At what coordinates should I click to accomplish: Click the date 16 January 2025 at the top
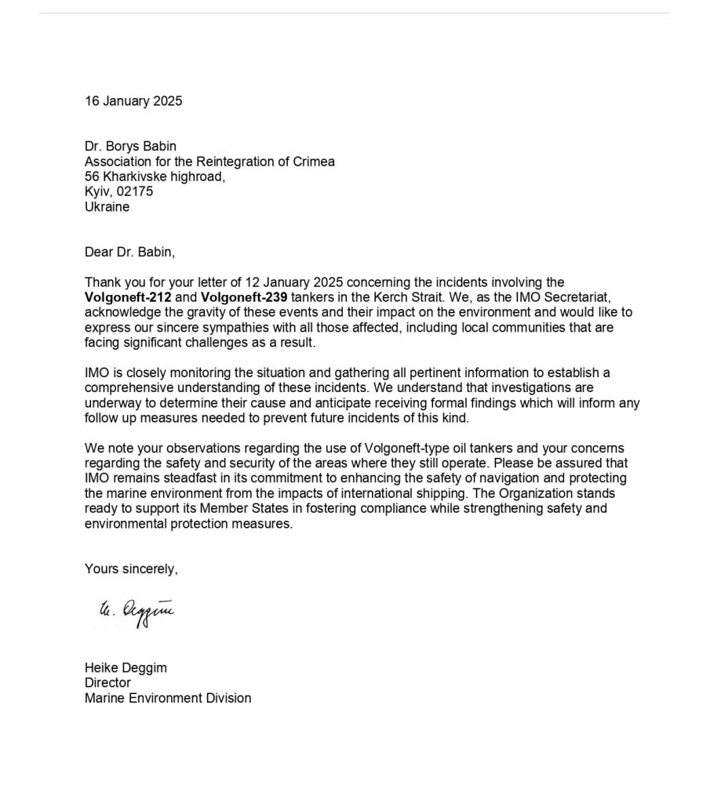coord(133,100)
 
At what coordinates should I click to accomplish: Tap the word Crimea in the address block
coord(314,162)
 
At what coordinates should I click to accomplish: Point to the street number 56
coord(92,176)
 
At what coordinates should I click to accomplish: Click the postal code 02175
coord(135,192)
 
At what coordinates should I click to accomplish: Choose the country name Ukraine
coord(107,207)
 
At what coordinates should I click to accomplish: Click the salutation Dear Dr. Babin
coord(130,253)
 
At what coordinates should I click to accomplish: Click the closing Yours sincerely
coord(131,569)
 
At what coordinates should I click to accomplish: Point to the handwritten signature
coord(134,612)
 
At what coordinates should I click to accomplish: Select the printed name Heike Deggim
coord(126,668)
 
